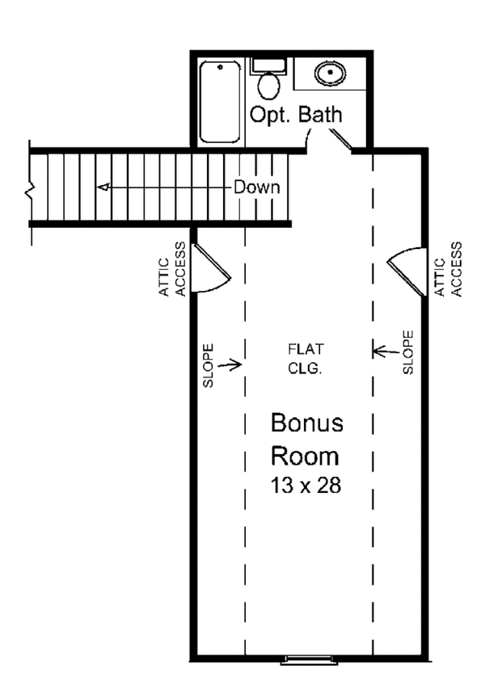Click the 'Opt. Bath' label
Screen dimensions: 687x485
coord(295,116)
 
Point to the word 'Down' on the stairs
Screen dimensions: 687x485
coord(257,188)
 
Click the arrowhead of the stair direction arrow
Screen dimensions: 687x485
coord(103,188)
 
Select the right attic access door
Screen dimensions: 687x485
coord(406,271)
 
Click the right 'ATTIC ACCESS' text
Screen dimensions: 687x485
coord(449,269)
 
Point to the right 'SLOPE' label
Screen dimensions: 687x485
coord(408,352)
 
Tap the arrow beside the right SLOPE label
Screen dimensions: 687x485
coord(385,351)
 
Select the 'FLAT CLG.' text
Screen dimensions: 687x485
coord(306,357)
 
